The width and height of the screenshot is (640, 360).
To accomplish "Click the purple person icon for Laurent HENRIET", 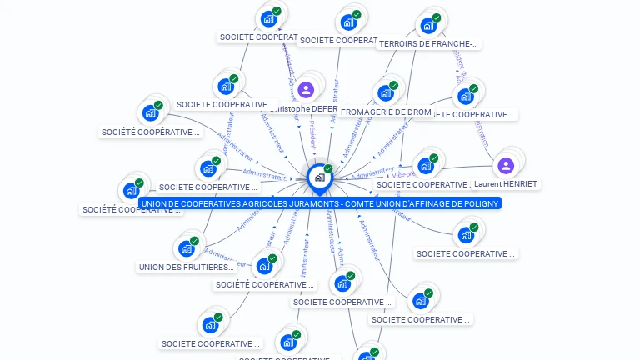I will coord(506,165).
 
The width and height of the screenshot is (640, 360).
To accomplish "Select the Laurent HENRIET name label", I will coord(506,184).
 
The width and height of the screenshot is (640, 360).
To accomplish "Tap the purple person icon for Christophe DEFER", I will coord(306,89).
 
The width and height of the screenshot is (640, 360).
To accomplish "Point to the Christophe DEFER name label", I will coord(306,109).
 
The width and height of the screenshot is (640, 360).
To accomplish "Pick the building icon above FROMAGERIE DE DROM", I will coord(385,92).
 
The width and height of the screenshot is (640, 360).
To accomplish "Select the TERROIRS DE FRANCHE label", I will coord(429,44).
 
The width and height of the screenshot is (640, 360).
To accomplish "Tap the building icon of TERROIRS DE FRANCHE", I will coord(428,25).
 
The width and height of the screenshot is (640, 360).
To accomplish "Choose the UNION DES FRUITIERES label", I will coord(187,267).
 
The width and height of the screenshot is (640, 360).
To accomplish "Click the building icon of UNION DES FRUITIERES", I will coord(186,248).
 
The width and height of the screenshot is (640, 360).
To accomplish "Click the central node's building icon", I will coord(319,177).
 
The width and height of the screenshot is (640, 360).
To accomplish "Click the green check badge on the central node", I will coord(328,169).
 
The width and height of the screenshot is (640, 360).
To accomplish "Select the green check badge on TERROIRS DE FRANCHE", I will coord(437,17).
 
